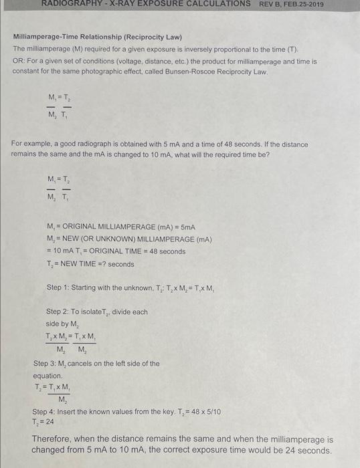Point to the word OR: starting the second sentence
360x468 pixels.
coord(19,60)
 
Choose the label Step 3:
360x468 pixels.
coord(49,364)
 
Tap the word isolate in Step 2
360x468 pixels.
coord(98,312)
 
